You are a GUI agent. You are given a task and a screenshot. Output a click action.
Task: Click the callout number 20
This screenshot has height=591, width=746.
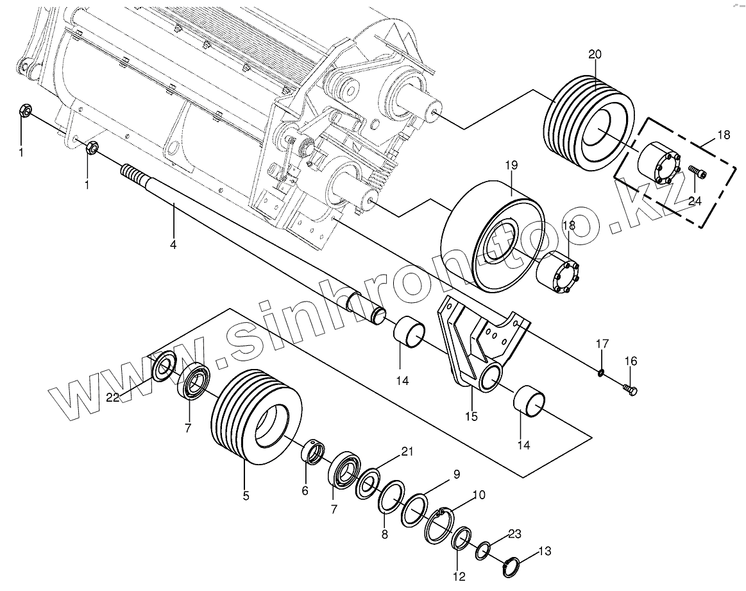click(595, 55)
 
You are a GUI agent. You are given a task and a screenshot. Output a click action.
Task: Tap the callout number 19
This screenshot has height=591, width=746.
click(511, 166)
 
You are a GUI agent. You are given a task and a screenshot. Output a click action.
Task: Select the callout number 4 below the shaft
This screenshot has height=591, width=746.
click(173, 244)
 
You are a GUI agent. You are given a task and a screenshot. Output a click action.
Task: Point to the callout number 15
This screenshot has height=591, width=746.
click(471, 416)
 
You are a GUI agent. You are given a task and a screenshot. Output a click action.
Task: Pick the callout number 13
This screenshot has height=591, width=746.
click(545, 551)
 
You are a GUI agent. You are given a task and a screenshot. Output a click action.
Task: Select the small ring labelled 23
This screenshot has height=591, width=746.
click(483, 549)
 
